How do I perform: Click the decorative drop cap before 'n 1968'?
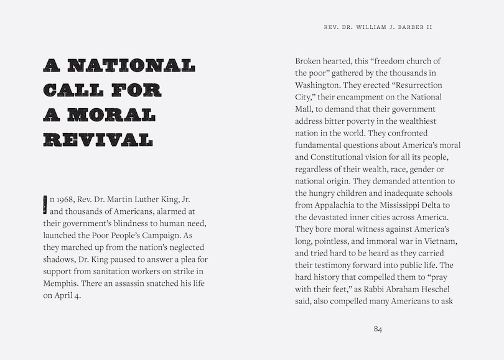coord(45,204)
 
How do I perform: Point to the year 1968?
coord(64,200)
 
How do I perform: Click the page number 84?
coord(378,329)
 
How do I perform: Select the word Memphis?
coord(60,284)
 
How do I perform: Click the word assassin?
coord(128,284)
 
